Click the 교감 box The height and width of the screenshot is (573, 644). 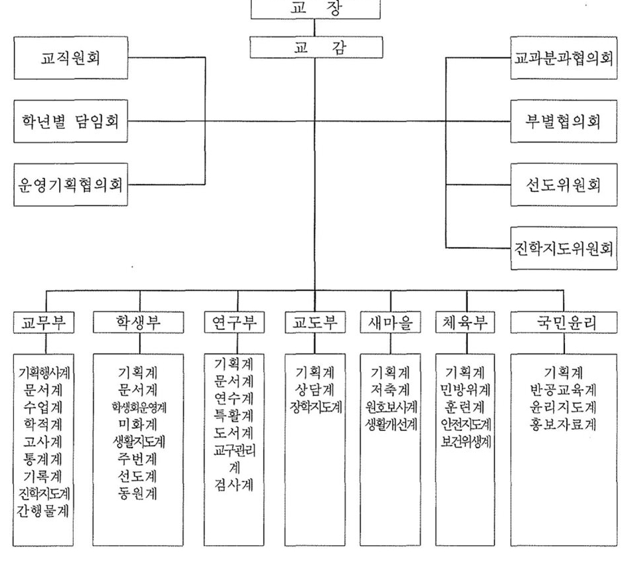(x=316, y=47)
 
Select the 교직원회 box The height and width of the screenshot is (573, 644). (x=70, y=58)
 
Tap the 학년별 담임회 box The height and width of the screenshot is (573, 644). (x=70, y=122)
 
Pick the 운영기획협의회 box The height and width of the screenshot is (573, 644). (x=70, y=185)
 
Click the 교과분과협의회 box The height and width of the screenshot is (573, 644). (x=564, y=58)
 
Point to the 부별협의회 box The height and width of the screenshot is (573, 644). (x=564, y=122)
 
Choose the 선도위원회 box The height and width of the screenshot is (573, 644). (x=564, y=185)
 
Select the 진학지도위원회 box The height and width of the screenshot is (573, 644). (x=564, y=248)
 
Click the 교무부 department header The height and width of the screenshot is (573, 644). (x=44, y=322)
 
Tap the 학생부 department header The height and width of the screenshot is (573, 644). (x=138, y=322)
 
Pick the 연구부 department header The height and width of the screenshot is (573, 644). (x=235, y=322)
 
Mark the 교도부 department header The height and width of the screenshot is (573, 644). (x=315, y=322)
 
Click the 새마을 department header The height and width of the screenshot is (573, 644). (x=391, y=322)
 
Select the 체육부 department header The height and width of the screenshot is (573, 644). (x=465, y=322)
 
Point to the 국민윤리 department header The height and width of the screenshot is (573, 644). (x=564, y=322)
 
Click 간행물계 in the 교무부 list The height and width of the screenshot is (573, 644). (x=43, y=511)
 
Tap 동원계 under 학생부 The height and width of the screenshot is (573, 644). (x=138, y=493)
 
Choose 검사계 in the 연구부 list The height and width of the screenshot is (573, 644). (x=234, y=485)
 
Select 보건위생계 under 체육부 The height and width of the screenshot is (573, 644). (x=466, y=442)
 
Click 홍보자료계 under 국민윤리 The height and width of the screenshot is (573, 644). (x=563, y=424)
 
